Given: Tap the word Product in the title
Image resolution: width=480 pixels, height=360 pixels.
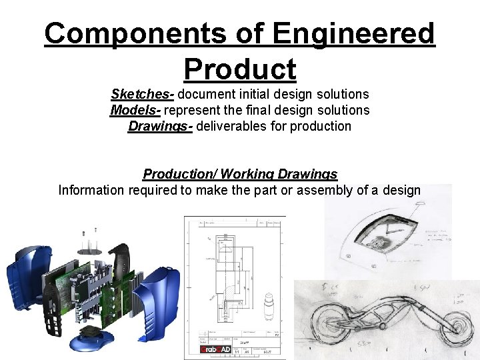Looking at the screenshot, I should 239,68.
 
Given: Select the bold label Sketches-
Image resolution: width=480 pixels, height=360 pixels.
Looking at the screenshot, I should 143,94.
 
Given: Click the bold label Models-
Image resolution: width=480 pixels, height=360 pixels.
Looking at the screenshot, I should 135,110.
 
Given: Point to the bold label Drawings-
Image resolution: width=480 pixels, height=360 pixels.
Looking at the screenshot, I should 161,126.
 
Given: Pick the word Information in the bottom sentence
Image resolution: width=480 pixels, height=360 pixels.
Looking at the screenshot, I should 91,190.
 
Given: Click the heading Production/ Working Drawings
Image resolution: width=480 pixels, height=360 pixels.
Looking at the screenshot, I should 240,174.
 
